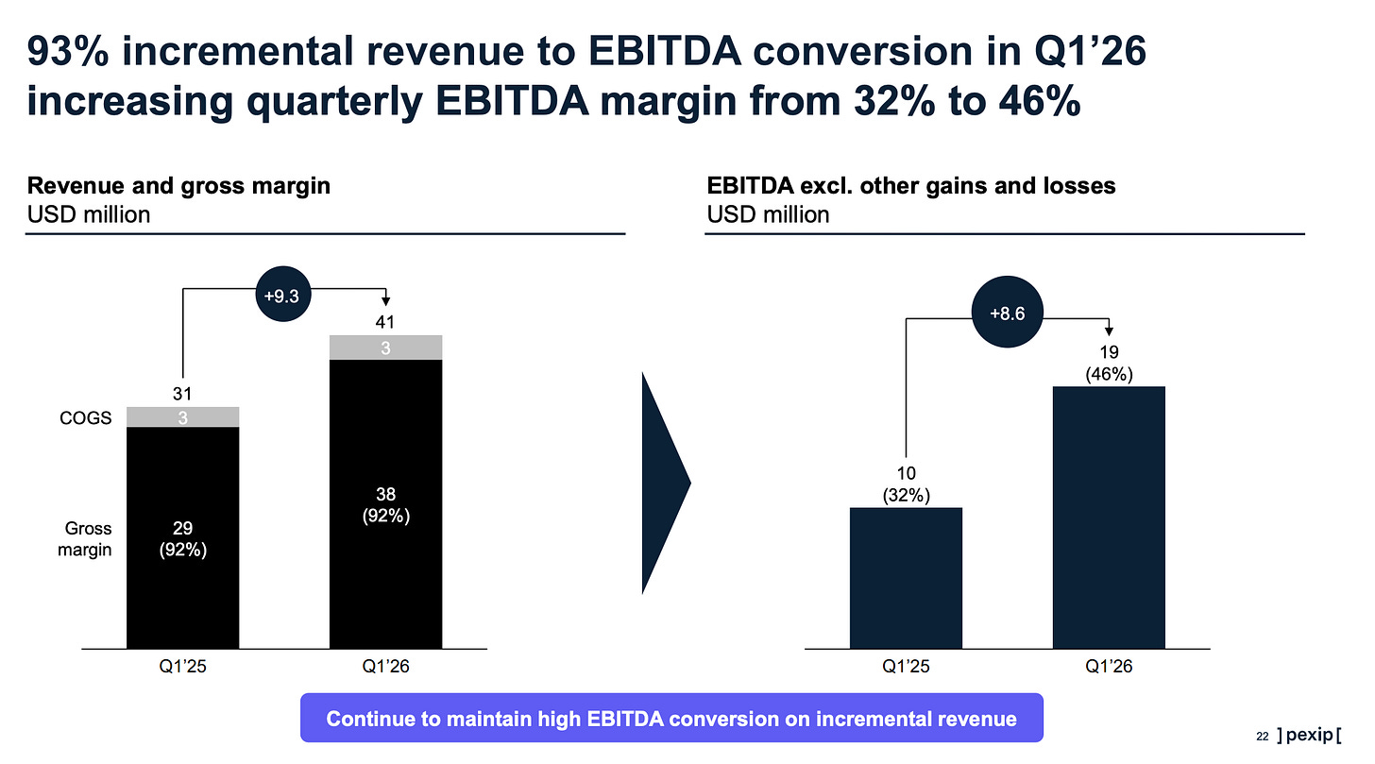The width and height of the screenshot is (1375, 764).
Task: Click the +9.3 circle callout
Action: click(x=283, y=294)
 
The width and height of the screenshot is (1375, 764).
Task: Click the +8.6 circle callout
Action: click(x=1008, y=312)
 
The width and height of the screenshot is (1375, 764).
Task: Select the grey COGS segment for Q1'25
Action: click(x=183, y=416)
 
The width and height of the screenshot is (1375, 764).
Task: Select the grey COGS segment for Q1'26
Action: click(x=385, y=348)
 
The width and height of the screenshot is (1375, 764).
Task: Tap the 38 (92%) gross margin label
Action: click(x=385, y=505)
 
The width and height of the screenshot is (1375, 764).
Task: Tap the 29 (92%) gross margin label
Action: click(x=183, y=539)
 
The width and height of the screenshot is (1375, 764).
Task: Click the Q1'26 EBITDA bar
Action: click(x=1109, y=518)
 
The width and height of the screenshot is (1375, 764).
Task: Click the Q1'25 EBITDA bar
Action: click(x=906, y=578)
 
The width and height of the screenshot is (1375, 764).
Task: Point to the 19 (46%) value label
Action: click(x=1109, y=364)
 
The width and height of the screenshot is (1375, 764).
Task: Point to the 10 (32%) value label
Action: click(x=906, y=484)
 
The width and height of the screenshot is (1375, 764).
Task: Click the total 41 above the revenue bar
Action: click(x=385, y=322)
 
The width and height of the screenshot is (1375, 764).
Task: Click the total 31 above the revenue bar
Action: click(x=182, y=394)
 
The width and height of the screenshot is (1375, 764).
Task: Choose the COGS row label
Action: click(x=85, y=418)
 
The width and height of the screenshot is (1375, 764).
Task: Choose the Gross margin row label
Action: click(x=85, y=539)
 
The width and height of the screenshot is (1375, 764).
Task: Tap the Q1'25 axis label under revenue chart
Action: click(x=183, y=666)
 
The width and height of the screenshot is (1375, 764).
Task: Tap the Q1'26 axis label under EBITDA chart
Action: click(x=1109, y=666)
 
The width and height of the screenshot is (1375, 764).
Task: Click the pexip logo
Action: click(x=1309, y=735)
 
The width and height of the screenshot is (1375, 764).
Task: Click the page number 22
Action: click(x=1262, y=737)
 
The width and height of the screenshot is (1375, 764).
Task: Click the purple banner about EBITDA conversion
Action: click(x=671, y=718)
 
